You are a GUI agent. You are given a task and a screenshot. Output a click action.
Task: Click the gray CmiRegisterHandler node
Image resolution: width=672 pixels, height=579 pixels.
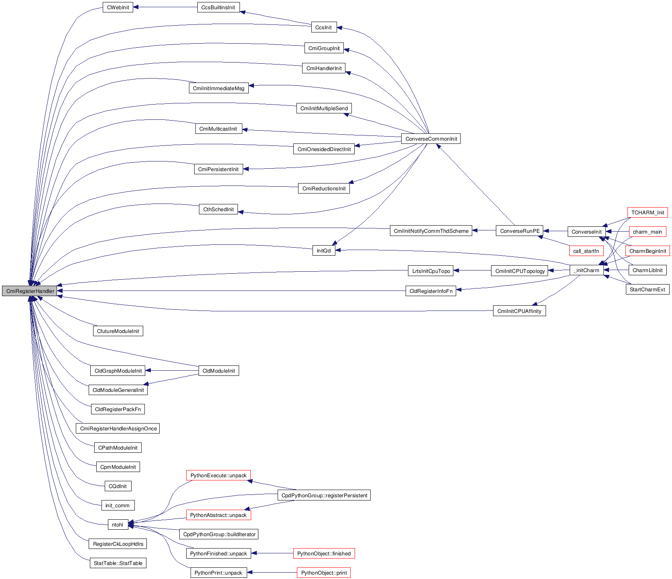30,291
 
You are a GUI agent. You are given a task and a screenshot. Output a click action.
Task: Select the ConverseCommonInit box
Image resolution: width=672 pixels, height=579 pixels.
431,139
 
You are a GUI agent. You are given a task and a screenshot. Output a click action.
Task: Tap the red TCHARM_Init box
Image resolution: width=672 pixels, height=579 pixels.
648,212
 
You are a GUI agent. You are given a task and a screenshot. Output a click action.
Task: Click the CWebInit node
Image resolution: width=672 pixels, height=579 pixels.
118,7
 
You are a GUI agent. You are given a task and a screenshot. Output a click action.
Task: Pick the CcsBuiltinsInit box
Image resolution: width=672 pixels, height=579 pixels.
218,7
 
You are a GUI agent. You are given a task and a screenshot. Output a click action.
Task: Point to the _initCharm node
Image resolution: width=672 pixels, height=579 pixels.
586,270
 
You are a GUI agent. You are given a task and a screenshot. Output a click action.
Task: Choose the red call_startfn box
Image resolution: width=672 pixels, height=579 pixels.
586,251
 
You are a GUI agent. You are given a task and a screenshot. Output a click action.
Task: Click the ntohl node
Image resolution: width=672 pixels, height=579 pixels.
118,525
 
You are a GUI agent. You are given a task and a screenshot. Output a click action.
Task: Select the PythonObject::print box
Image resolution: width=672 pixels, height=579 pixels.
324,573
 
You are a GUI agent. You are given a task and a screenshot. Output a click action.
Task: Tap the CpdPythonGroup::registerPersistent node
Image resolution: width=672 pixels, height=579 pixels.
324,495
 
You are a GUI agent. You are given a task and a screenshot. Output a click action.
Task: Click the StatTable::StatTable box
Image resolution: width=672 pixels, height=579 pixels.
118,563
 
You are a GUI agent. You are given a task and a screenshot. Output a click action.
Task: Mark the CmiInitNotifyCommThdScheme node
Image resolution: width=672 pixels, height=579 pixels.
431,231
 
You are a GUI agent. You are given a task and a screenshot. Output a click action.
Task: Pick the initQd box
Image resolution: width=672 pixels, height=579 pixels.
324,250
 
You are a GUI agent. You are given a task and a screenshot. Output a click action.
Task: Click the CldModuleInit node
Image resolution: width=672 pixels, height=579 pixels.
219,371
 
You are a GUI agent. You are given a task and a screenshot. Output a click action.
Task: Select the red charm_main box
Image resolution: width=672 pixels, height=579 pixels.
647,232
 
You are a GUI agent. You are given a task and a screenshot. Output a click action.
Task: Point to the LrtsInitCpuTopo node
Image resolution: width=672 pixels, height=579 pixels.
431,271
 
